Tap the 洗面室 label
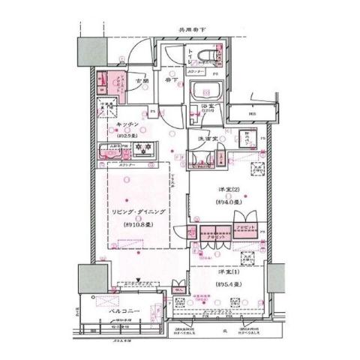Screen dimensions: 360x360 pyautogui.click(x=207, y=140)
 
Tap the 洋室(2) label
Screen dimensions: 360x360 pyautogui.click(x=228, y=190)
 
